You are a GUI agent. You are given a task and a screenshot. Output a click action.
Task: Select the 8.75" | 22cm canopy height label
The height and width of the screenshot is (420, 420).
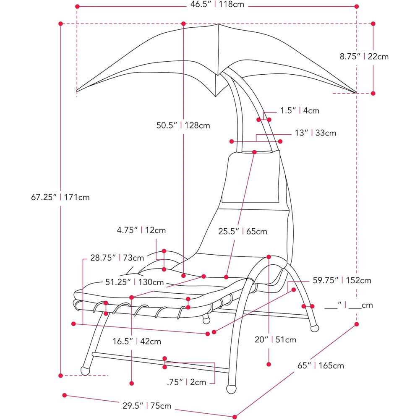(364, 57)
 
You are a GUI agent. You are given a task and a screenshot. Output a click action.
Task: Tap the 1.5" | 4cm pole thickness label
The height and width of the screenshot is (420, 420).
(300, 111)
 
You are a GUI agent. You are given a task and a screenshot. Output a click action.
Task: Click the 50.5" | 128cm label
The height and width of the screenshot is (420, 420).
(183, 125)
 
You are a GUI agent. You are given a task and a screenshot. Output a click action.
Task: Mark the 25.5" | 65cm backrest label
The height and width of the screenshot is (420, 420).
(243, 231)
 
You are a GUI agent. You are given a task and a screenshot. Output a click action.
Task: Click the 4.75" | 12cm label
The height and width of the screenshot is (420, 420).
(141, 230)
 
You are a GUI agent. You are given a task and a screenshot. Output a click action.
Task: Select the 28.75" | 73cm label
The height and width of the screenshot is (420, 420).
(117, 258)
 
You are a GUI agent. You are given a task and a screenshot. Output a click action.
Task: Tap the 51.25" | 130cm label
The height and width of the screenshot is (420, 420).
(134, 282)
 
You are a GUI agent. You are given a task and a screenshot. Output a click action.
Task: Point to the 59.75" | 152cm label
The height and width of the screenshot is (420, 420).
(342, 280)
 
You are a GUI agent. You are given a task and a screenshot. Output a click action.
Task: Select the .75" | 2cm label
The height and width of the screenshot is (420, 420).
(186, 382)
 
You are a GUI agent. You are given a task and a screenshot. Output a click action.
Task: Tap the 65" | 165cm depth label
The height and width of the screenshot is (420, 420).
(321, 365)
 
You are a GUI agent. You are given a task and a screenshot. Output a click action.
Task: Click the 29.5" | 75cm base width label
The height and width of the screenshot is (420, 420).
(147, 406)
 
